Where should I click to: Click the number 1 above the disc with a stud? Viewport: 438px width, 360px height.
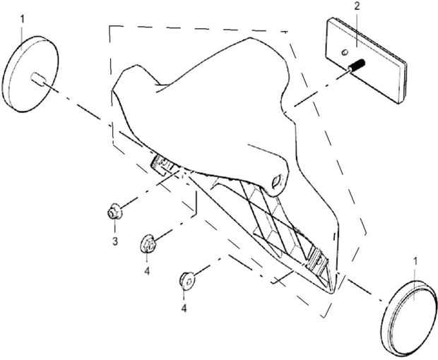(x=23, y=20)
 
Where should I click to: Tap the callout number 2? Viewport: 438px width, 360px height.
(x=357, y=6)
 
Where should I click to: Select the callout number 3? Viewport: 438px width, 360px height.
(x=115, y=241)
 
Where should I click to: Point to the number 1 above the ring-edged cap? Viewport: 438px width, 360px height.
(x=415, y=261)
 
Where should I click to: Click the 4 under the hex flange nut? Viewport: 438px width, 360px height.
(x=147, y=270)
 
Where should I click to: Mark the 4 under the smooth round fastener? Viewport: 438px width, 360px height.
(x=184, y=308)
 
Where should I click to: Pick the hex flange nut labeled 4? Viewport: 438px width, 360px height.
(x=147, y=244)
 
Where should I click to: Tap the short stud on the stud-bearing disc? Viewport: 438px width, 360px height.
(x=38, y=78)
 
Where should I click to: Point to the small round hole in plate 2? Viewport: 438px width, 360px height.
(x=345, y=52)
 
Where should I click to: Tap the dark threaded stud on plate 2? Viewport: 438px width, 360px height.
(x=357, y=65)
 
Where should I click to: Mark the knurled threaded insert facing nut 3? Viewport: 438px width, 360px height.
(x=162, y=165)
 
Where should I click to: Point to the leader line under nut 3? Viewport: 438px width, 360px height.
(x=114, y=227)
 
